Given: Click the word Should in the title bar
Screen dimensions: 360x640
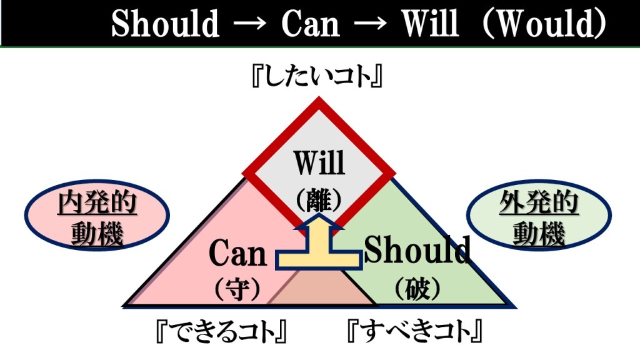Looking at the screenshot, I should [x=165, y=25].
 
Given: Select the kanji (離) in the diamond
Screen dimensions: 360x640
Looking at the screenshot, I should [x=319, y=199].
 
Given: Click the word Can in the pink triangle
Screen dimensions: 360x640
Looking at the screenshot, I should [x=237, y=254].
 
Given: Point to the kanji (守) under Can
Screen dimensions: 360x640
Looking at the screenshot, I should [x=237, y=288].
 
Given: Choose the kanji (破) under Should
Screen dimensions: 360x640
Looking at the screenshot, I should [x=417, y=288].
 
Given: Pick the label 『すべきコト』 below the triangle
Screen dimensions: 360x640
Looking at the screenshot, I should [x=416, y=331].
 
